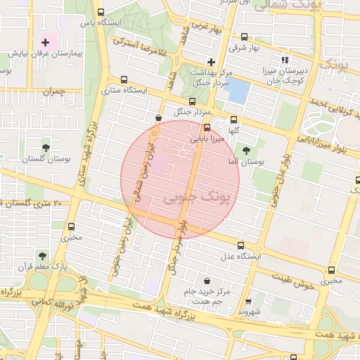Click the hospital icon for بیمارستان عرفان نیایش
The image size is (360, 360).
(46, 43)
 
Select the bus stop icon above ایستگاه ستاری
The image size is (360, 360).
(124, 79)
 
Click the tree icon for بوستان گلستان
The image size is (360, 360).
(46, 148)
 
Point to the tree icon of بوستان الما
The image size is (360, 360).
(245, 150)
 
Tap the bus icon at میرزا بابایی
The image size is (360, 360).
(207, 128)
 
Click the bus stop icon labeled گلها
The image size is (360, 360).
(233, 120)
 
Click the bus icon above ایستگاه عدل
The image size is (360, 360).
(241, 246)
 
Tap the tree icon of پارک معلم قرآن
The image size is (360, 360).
(42, 255)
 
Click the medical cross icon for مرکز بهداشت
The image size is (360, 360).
(210, 63)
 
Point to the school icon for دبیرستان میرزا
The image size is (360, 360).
(285, 60)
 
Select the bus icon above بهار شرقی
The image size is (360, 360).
(244, 37)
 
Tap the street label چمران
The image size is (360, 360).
(52, 92)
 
